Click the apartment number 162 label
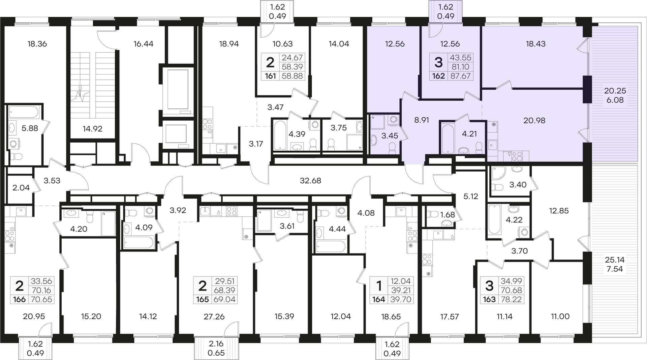[x=438, y=76]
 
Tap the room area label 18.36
[x=37, y=44]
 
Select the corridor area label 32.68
[x=310, y=181]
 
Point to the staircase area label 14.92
[x=92, y=128]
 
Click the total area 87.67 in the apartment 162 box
[x=460, y=76]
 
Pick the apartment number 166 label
[x=19, y=299]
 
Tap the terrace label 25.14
[x=615, y=260]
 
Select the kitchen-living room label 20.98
[x=534, y=120]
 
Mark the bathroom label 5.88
[x=30, y=128]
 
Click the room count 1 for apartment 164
[x=379, y=286]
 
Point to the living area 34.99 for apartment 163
[x=511, y=281]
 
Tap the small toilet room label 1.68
[x=448, y=215]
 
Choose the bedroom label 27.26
[x=214, y=317]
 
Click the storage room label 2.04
[x=21, y=188]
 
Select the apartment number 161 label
[x=270, y=76]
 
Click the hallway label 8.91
[x=422, y=120]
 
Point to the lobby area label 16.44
[x=143, y=44]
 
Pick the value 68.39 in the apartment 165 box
[x=224, y=290]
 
